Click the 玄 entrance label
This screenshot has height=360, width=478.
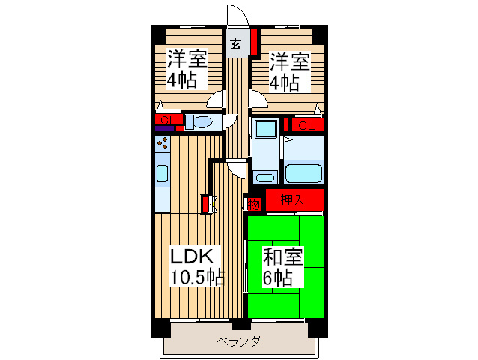236,43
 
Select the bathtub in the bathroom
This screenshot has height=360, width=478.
303,172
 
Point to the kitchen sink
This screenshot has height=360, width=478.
162,175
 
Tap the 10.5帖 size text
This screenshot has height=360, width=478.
196,277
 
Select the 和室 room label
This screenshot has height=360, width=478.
282,256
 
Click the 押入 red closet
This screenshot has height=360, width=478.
294,200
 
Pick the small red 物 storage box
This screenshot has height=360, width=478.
254,203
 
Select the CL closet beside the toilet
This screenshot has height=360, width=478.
166,118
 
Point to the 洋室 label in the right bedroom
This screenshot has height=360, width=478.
290,59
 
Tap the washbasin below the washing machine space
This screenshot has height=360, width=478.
264,178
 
